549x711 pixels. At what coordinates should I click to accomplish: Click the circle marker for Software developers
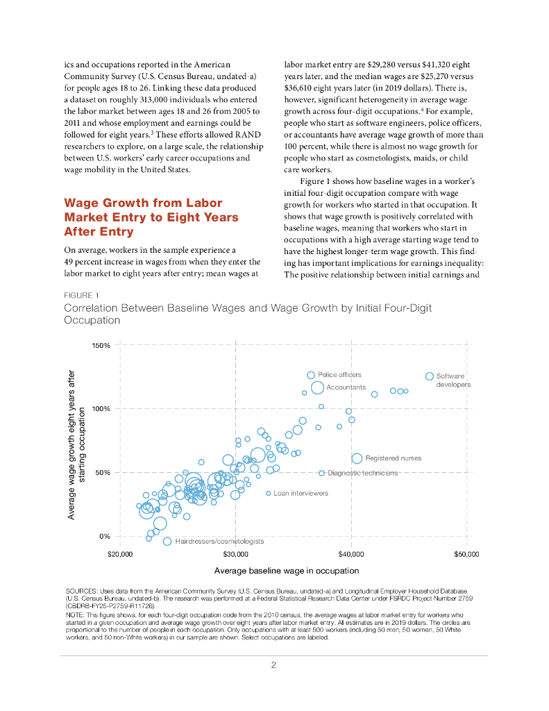click(x=430, y=376)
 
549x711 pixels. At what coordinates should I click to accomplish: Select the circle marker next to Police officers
click(x=311, y=375)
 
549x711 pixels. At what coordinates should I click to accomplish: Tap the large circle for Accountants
click(x=317, y=387)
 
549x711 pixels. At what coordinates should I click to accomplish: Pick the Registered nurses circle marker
click(x=357, y=458)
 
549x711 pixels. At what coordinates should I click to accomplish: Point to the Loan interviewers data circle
click(x=268, y=493)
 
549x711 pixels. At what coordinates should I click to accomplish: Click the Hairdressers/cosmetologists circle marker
click(x=167, y=541)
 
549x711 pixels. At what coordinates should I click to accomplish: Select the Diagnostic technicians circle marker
click(x=322, y=473)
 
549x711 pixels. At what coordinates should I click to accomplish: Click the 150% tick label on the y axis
click(x=101, y=345)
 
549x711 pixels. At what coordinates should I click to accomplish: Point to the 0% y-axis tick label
click(x=105, y=536)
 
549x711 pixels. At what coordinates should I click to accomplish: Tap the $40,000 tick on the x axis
click(x=351, y=555)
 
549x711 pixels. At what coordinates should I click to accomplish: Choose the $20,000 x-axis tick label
click(x=121, y=555)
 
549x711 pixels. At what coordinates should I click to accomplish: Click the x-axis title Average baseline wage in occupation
click(x=287, y=571)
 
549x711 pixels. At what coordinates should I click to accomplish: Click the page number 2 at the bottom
click(x=273, y=664)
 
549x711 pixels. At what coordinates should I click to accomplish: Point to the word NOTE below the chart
click(x=74, y=614)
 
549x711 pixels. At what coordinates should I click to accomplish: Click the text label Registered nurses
click(x=393, y=458)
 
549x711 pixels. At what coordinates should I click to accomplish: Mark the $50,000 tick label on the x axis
click(x=466, y=555)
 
